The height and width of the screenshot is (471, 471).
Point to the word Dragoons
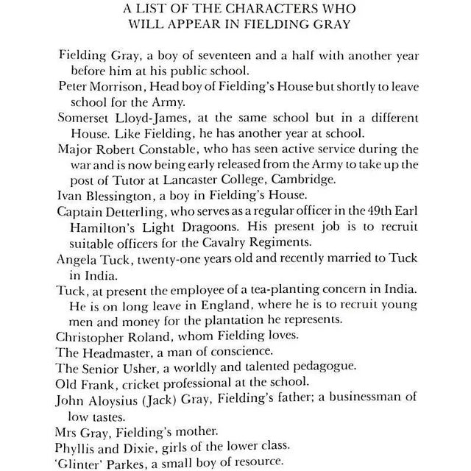click(181, 227)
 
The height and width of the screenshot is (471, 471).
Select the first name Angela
click(76, 258)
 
